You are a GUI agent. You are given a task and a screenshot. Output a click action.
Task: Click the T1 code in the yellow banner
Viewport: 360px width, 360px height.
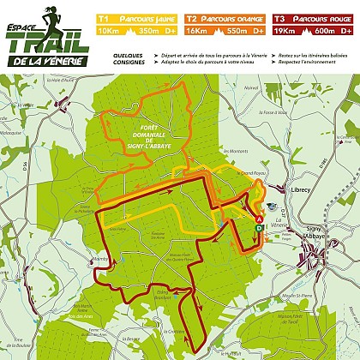[104, 17]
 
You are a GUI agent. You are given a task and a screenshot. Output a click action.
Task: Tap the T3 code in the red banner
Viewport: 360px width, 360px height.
[279, 17]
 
